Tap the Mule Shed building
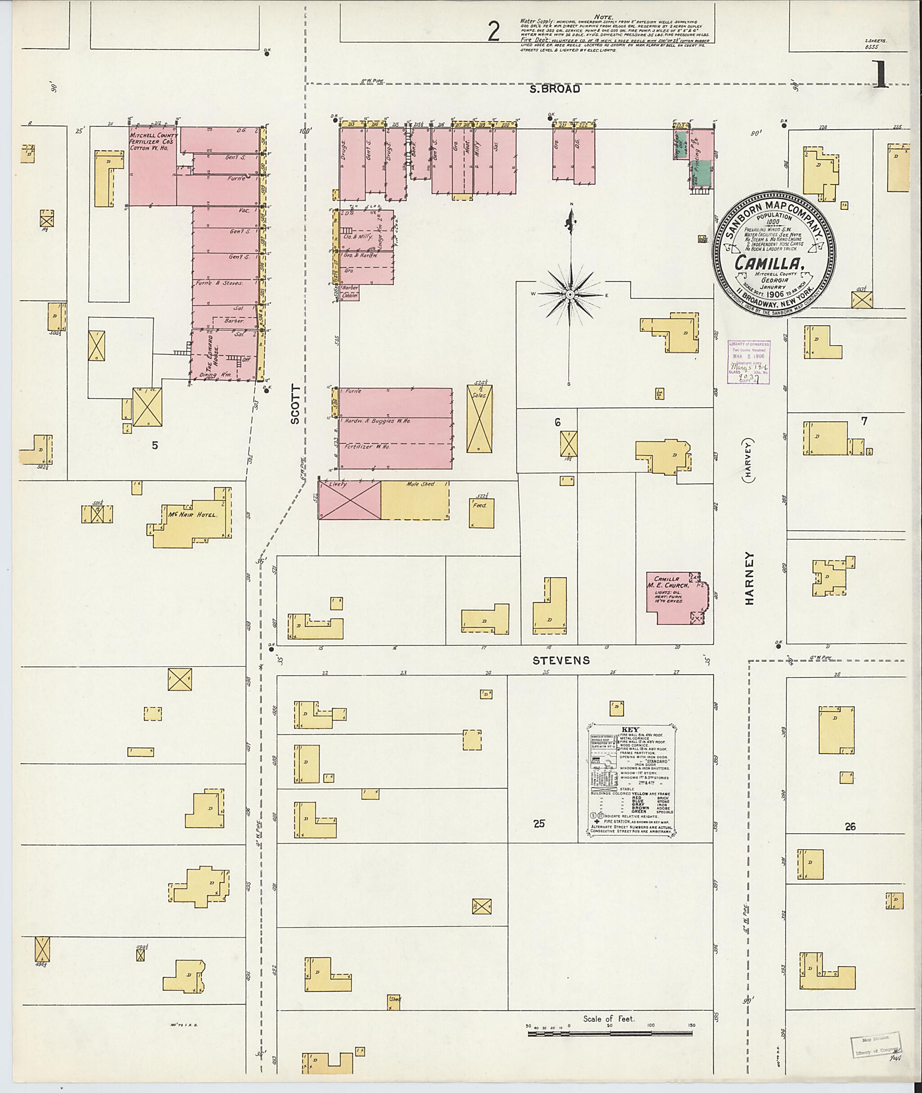point(415,500)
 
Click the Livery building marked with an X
point(350,500)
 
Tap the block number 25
point(539,823)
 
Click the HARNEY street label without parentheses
point(750,578)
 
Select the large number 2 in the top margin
point(493,32)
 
